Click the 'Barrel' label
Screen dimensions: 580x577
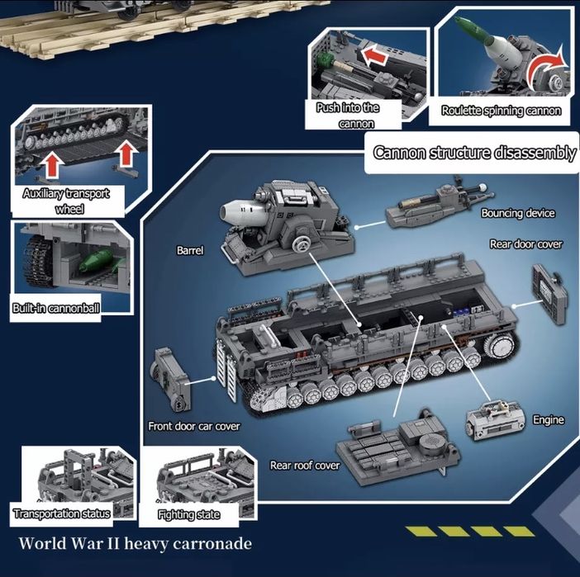point(190,251)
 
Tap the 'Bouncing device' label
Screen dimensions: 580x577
point(518,213)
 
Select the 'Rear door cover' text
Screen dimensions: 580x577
point(526,244)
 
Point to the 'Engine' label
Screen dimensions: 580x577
point(549,420)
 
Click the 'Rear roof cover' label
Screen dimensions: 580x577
point(305,466)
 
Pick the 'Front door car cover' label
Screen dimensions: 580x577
point(194,427)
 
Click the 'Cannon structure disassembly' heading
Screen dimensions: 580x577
point(474,153)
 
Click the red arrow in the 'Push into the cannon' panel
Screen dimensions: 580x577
point(374,55)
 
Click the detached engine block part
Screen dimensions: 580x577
point(495,421)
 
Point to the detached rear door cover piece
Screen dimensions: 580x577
point(549,294)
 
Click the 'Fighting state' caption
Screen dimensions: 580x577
point(188,515)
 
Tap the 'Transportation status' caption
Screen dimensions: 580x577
point(62,513)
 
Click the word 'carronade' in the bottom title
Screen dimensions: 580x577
point(212,544)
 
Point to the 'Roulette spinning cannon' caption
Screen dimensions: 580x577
point(502,111)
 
